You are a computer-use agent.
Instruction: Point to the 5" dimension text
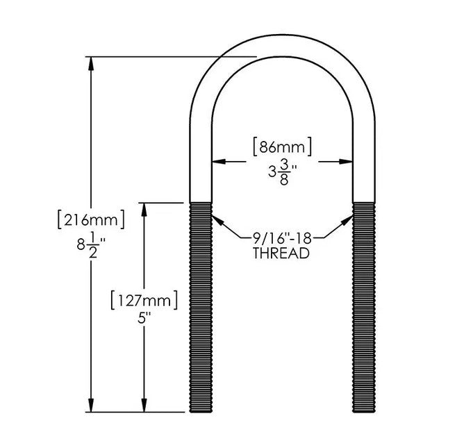click(144, 322)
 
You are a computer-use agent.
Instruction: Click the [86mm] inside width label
click(281, 147)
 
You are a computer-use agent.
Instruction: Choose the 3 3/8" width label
click(281, 171)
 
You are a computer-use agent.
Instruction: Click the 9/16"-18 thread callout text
click(281, 237)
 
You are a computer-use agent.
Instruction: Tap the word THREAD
click(281, 253)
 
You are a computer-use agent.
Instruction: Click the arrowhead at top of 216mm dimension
click(90, 62)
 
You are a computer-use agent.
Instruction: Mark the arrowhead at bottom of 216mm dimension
click(90, 406)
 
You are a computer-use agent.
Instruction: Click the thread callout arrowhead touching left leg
click(217, 221)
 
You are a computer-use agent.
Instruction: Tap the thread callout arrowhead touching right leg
click(347, 221)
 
